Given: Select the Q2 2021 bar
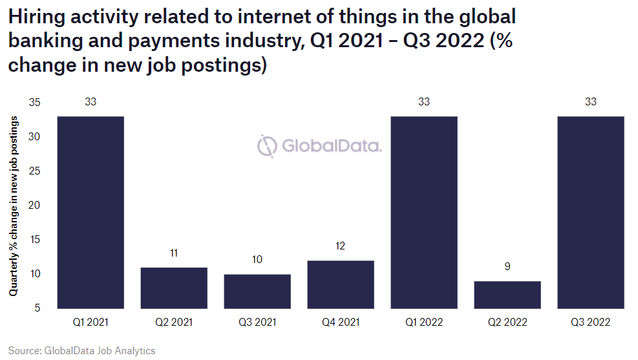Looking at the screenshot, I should (174, 288).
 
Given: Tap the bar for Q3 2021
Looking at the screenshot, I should (257, 291).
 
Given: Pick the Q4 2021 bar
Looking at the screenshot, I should (341, 284).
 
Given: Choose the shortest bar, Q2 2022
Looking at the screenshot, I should (507, 294).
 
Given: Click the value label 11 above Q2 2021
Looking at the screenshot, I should (174, 253).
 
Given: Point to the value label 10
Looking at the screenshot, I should (257, 260).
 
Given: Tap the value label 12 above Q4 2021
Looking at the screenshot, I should (341, 246).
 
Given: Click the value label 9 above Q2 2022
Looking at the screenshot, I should (507, 266).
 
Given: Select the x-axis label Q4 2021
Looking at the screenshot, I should (341, 322).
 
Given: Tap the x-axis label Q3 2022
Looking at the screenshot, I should (591, 322).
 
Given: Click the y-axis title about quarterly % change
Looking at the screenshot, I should (14, 207).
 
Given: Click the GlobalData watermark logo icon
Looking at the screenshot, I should (267, 146).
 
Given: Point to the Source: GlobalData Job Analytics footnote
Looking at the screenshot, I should (82, 350).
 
